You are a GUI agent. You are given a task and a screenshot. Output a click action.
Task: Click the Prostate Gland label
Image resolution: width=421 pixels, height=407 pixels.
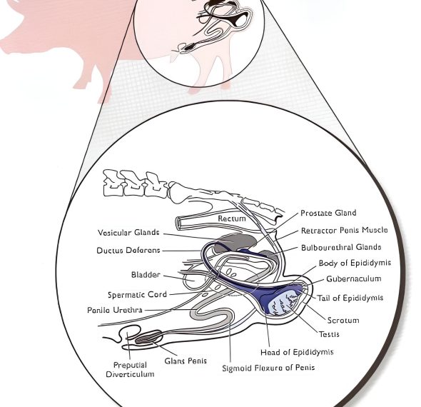pos(328,213)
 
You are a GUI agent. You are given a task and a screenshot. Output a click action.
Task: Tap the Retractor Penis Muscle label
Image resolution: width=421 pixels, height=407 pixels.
pos(344,230)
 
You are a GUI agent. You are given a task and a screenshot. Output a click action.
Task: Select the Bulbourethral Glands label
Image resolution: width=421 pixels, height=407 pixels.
pos(341,247)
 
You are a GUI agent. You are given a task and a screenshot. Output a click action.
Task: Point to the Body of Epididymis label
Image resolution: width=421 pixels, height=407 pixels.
pos(355,263)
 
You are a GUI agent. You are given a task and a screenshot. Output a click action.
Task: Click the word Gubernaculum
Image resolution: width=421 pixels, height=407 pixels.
pos(354,279)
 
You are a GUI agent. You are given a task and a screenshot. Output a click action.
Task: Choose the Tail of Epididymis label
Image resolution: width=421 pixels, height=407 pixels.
pos(350,298)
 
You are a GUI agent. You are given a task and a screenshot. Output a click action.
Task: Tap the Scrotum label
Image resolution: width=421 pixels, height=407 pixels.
pos(343,320)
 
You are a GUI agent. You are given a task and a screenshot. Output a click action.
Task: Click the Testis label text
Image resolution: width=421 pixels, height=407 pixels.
pos(329,334)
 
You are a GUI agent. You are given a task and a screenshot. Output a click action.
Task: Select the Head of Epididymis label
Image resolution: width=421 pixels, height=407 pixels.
pos(297,352)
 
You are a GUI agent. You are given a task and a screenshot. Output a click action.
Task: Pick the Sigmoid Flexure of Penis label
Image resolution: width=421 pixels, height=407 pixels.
pos(268,368)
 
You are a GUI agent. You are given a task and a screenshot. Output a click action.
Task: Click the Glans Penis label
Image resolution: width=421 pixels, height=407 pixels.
pos(186,361)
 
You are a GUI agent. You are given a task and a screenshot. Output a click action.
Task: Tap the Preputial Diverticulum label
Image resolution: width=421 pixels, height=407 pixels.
pos(130,370)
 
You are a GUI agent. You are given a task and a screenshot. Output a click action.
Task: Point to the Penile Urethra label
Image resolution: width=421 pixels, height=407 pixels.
pos(115,310)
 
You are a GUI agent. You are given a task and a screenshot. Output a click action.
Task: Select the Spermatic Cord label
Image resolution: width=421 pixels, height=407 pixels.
pos(137,295)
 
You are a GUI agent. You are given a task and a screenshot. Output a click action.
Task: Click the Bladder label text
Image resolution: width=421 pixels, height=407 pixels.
pos(146,275)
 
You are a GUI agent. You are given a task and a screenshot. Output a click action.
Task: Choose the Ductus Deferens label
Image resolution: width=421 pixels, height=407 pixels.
pos(128,251)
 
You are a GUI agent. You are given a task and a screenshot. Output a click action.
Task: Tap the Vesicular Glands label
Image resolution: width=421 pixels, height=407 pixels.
pos(128,233)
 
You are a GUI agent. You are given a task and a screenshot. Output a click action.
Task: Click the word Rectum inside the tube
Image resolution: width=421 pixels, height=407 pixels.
pos(232,218)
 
